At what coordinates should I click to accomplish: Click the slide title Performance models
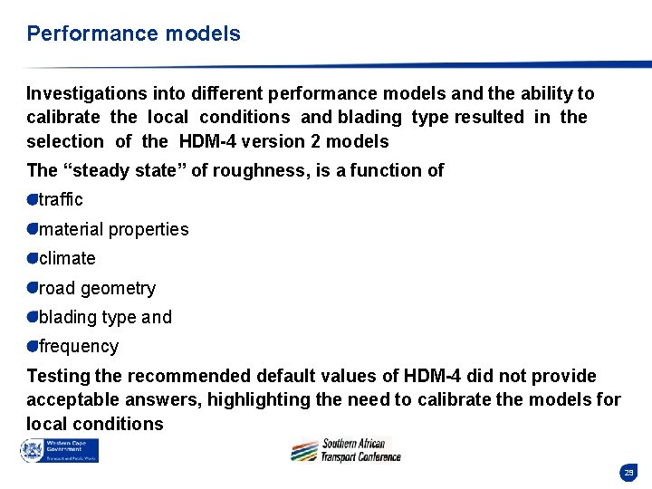pyautogui.click(x=133, y=34)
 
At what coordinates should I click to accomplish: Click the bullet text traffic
pyautogui.click(x=61, y=199)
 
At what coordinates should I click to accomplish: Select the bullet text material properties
pyautogui.click(x=114, y=229)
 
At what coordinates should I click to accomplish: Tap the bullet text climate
pyautogui.click(x=67, y=258)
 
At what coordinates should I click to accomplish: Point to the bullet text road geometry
pyautogui.click(x=97, y=288)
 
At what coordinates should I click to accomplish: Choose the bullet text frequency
pyautogui.click(x=79, y=346)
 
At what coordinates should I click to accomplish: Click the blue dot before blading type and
pyautogui.click(x=32, y=317)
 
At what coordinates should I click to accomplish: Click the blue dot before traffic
pyautogui.click(x=32, y=199)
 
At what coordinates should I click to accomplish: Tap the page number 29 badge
pyautogui.click(x=628, y=473)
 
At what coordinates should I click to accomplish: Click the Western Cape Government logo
pyautogui.click(x=60, y=450)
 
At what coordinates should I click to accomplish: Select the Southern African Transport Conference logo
pyautogui.click(x=346, y=450)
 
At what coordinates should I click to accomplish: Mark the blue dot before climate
pyautogui.click(x=32, y=258)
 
